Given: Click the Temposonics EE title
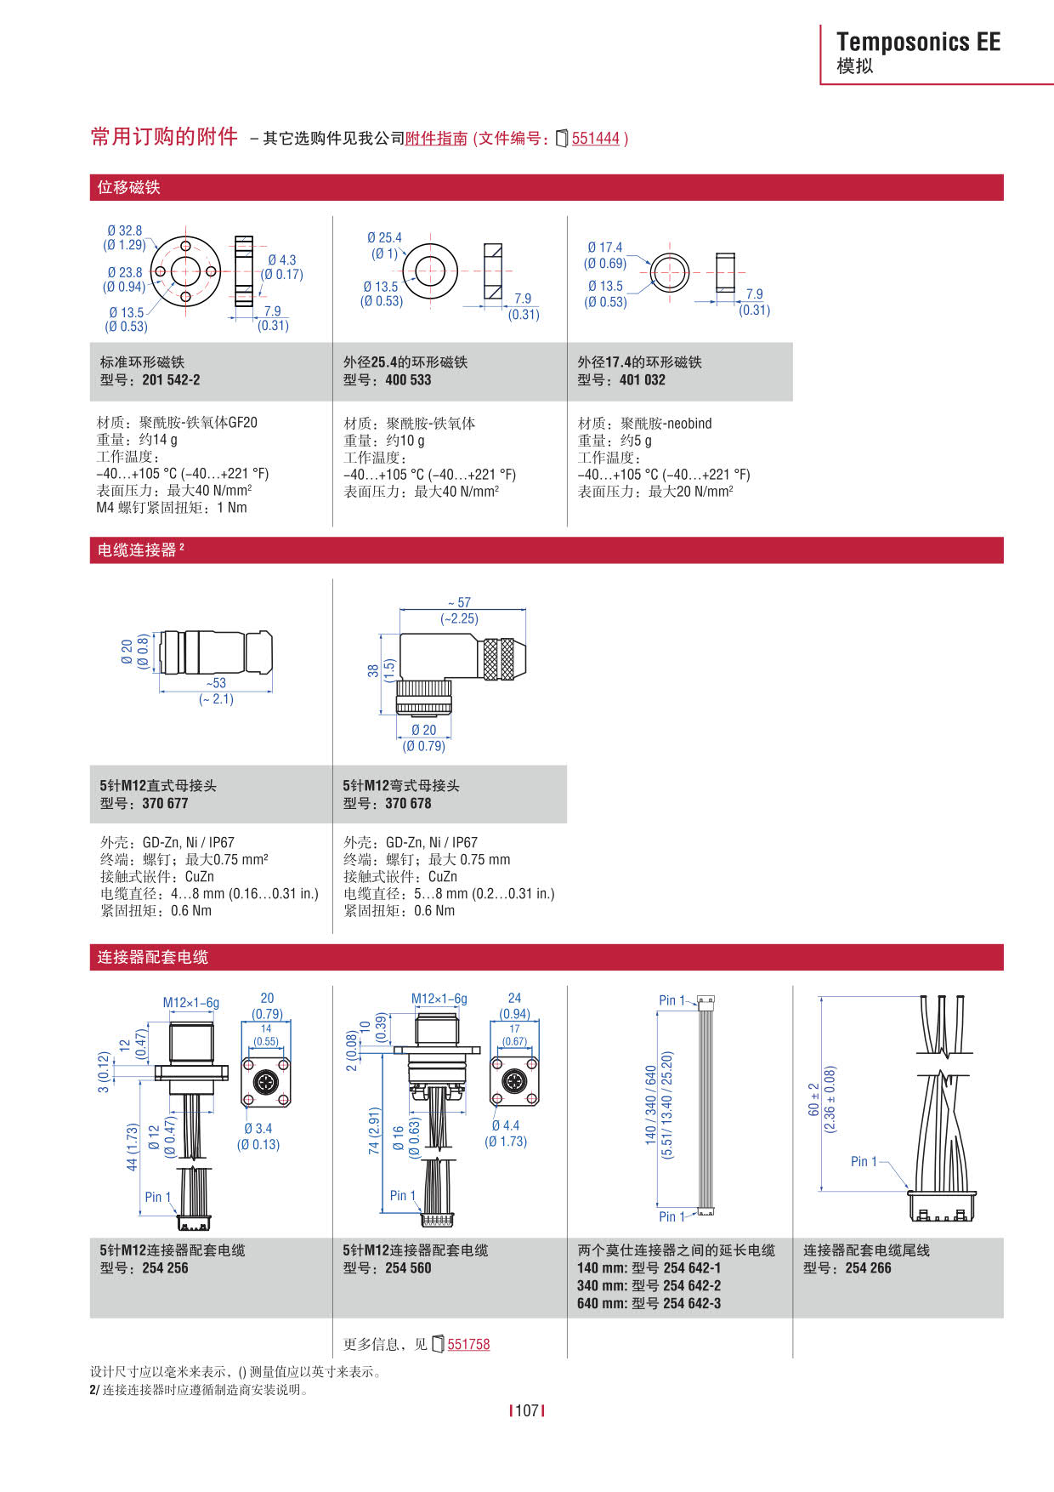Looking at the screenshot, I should tap(918, 42).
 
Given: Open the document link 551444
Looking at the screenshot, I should tap(595, 139).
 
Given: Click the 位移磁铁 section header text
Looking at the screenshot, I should tap(128, 187).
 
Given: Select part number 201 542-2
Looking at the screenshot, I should tap(171, 380).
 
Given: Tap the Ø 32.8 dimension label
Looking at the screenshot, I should tap(125, 231).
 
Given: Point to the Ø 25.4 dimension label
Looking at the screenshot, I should tap(384, 238).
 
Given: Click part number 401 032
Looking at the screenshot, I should tap(642, 380).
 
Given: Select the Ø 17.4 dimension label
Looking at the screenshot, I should tap(604, 248).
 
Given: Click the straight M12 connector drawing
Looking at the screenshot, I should tap(216, 653).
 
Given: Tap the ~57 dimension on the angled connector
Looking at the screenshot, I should tap(460, 602).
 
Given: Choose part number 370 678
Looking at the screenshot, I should tap(408, 804).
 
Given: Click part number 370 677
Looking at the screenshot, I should tap(165, 804).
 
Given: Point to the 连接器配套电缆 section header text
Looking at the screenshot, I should tap(152, 957).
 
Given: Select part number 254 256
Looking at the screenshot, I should tap(165, 1268).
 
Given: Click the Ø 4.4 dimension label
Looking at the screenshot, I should tap(506, 1125).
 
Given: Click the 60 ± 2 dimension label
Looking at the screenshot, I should tap(814, 1100).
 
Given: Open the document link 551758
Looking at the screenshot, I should tap(468, 1344).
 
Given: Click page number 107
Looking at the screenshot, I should tap(527, 1410).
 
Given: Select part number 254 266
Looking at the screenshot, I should tap(868, 1268).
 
